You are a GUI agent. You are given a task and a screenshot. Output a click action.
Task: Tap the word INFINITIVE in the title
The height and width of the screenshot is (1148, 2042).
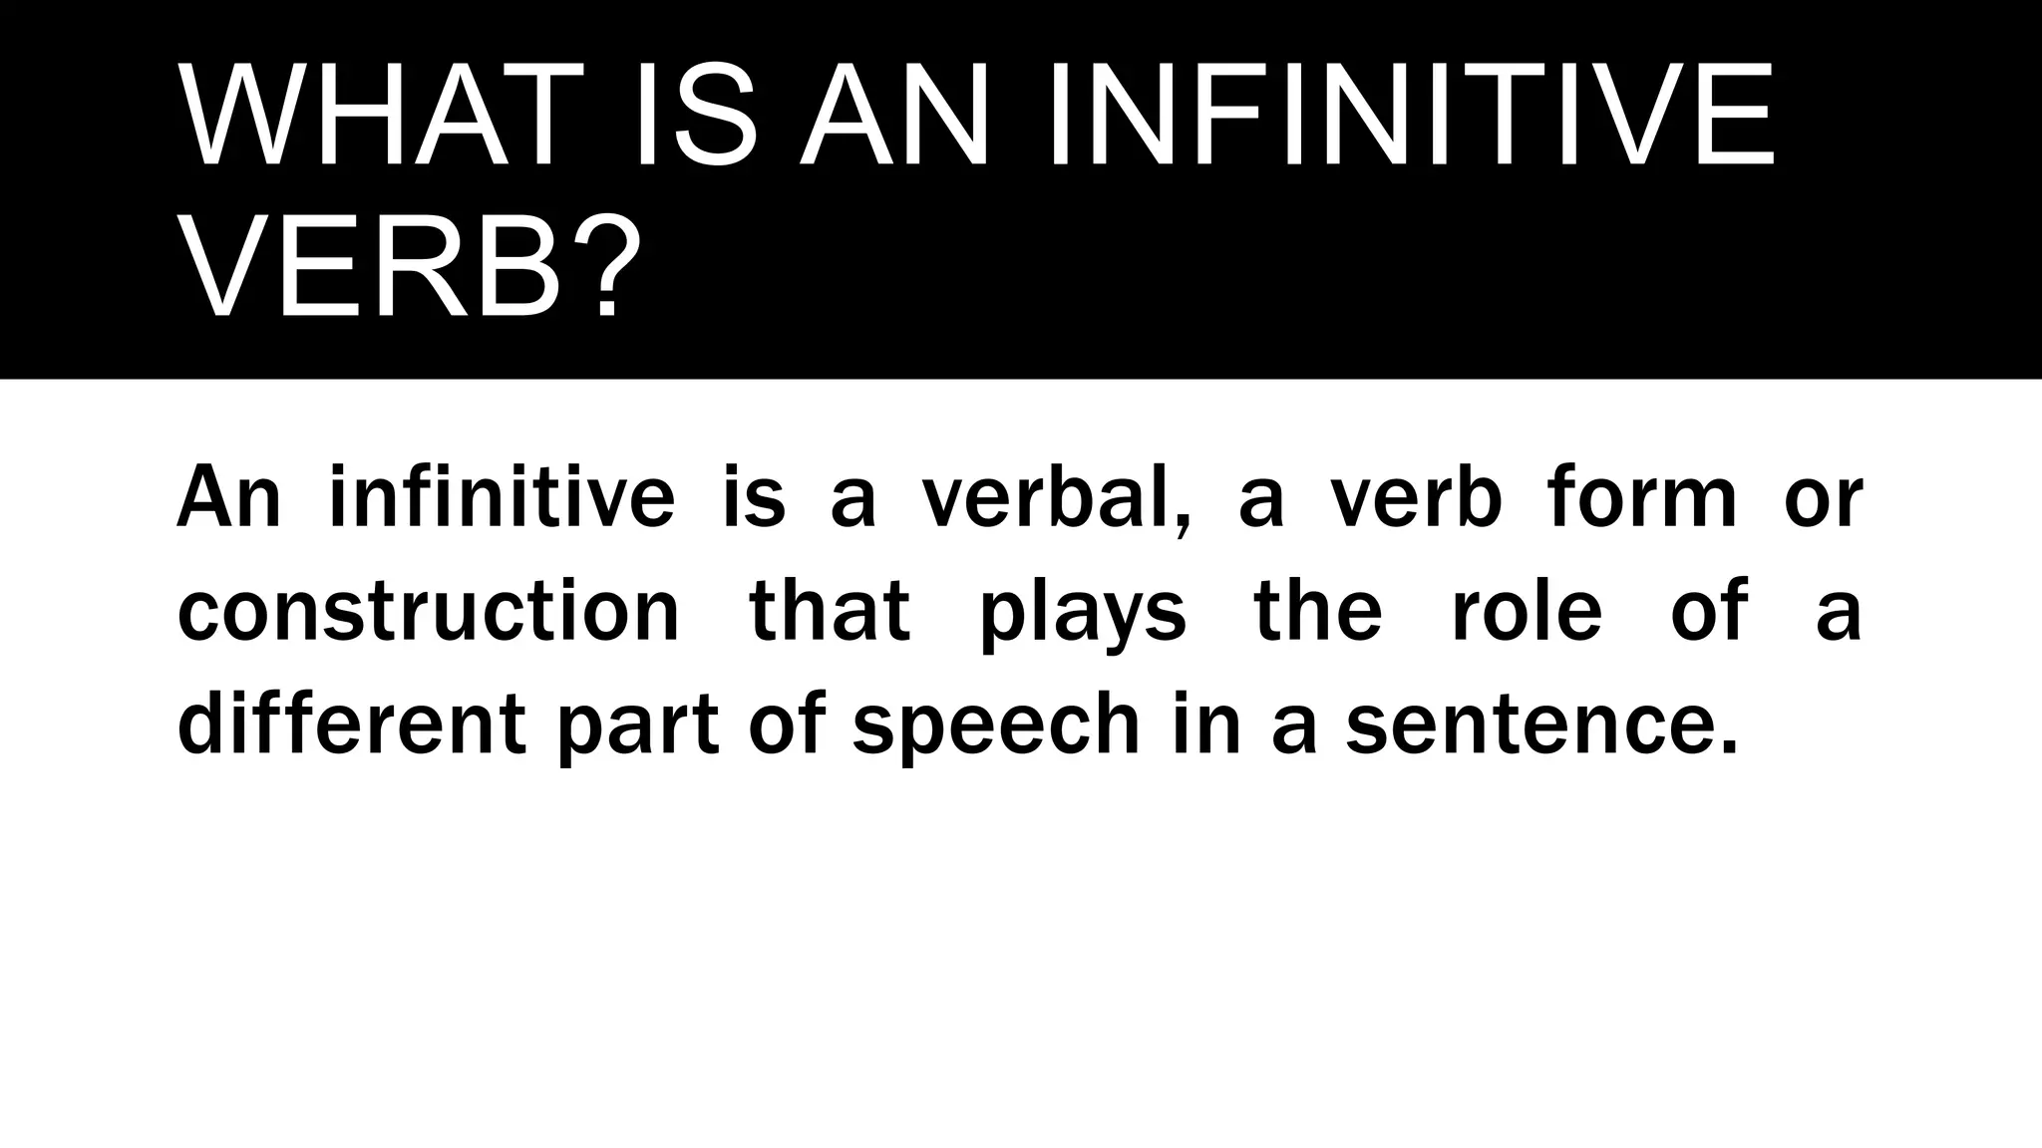1410,115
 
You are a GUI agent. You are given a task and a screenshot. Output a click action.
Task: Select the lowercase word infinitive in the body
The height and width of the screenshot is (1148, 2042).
502,497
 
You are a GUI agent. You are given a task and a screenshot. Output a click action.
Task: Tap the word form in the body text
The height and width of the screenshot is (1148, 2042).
1642,497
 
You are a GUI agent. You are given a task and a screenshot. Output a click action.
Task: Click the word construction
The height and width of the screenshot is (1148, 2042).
429,610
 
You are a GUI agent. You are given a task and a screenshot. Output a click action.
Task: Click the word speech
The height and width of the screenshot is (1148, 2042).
996,725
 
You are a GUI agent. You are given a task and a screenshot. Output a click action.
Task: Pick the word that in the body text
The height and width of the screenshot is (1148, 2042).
830,610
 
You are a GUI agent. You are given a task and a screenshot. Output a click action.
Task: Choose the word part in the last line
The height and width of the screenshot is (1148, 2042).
638,725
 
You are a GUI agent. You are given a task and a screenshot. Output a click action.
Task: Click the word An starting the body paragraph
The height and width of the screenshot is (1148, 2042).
229,497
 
